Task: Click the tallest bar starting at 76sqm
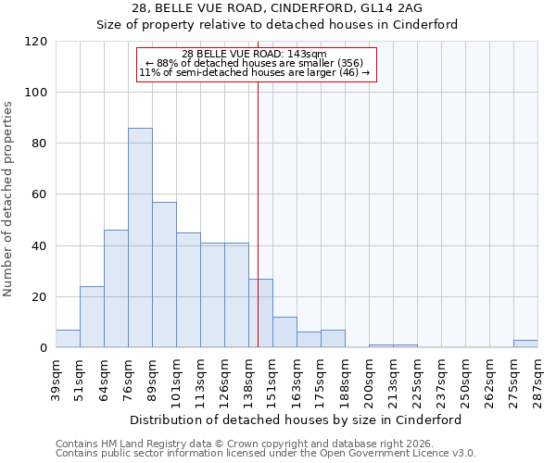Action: (140, 238)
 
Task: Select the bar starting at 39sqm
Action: (68, 339)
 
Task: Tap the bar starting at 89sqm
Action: (164, 275)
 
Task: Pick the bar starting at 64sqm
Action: (116, 289)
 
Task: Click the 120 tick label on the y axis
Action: (37, 42)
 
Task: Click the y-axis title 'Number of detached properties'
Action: (8, 200)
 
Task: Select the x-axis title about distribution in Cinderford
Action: (296, 419)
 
